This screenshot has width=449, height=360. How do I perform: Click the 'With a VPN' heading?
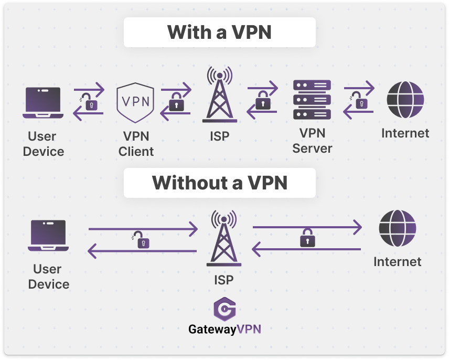point(219,32)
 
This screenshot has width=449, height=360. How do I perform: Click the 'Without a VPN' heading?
point(219,183)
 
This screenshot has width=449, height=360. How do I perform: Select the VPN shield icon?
point(135,102)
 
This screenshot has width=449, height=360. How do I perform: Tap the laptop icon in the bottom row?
point(48,236)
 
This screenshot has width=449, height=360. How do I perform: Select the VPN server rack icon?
point(312,100)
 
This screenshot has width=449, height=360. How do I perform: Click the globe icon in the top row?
point(405,100)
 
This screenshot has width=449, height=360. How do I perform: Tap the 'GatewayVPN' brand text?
point(224,330)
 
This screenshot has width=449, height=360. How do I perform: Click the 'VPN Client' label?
point(136,144)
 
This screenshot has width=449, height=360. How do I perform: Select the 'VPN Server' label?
point(312,140)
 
